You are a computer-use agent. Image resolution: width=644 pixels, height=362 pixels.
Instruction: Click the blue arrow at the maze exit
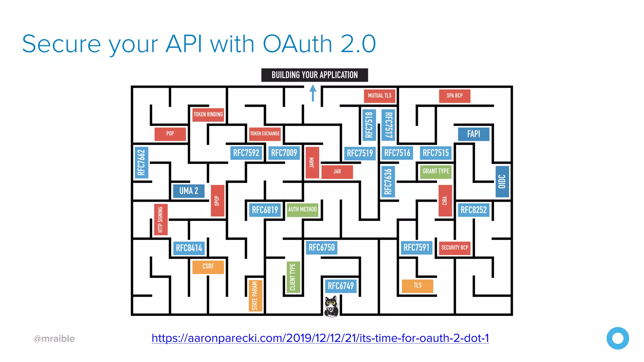click(x=313, y=93)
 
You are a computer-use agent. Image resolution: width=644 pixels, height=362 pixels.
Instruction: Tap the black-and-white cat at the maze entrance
click(x=331, y=306)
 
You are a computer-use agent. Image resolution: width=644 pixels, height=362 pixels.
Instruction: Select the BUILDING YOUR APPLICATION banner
click(x=314, y=75)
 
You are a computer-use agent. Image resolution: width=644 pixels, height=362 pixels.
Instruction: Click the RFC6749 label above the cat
click(x=341, y=286)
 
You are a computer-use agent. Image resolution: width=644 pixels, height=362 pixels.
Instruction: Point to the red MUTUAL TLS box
click(x=380, y=96)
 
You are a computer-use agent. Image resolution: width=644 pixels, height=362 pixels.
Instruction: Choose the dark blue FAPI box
click(x=474, y=134)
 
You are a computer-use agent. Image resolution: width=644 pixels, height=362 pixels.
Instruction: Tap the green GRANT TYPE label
click(x=436, y=172)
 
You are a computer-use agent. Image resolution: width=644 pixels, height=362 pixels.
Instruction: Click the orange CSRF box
click(x=208, y=267)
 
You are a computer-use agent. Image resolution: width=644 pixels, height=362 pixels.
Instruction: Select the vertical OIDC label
click(x=502, y=182)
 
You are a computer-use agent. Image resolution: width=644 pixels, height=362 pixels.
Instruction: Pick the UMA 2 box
click(x=189, y=191)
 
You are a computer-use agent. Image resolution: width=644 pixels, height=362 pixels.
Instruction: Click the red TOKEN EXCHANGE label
click(x=265, y=134)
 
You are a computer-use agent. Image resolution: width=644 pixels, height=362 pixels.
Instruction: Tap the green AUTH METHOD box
click(x=303, y=210)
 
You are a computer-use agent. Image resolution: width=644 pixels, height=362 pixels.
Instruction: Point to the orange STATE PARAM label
click(x=255, y=295)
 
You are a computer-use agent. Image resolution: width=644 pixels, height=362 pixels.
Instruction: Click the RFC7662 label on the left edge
click(x=142, y=162)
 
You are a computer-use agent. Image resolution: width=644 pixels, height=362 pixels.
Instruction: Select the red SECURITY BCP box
click(x=454, y=248)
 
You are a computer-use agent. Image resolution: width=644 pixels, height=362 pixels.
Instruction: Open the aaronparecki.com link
click(x=320, y=338)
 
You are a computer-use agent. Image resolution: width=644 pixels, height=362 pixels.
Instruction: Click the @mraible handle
click(x=54, y=339)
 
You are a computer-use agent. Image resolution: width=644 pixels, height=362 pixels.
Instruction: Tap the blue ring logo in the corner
click(x=618, y=338)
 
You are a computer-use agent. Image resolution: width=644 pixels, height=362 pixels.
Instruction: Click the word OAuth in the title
click(x=297, y=44)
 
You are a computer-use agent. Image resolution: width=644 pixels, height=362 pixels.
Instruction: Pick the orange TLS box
click(x=417, y=286)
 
